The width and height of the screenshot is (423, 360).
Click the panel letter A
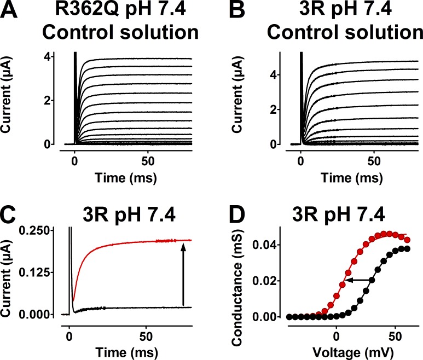(12, 13)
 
